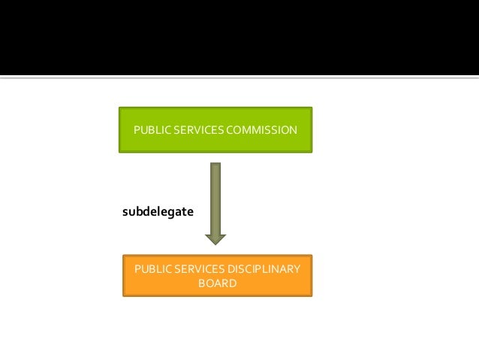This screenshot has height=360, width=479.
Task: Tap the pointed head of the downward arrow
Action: pos(215,239)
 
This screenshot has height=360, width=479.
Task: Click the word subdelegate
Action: pos(158,212)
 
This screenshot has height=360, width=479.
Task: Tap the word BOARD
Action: pos(217,283)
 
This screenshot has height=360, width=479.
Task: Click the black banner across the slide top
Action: pos(239,38)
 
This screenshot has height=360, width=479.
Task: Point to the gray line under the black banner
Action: pos(239,77)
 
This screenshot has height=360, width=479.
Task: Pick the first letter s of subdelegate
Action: pos(125,213)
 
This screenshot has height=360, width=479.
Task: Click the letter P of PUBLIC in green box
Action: pos(136,130)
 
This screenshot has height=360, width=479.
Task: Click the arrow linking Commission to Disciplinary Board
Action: pos(215,203)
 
